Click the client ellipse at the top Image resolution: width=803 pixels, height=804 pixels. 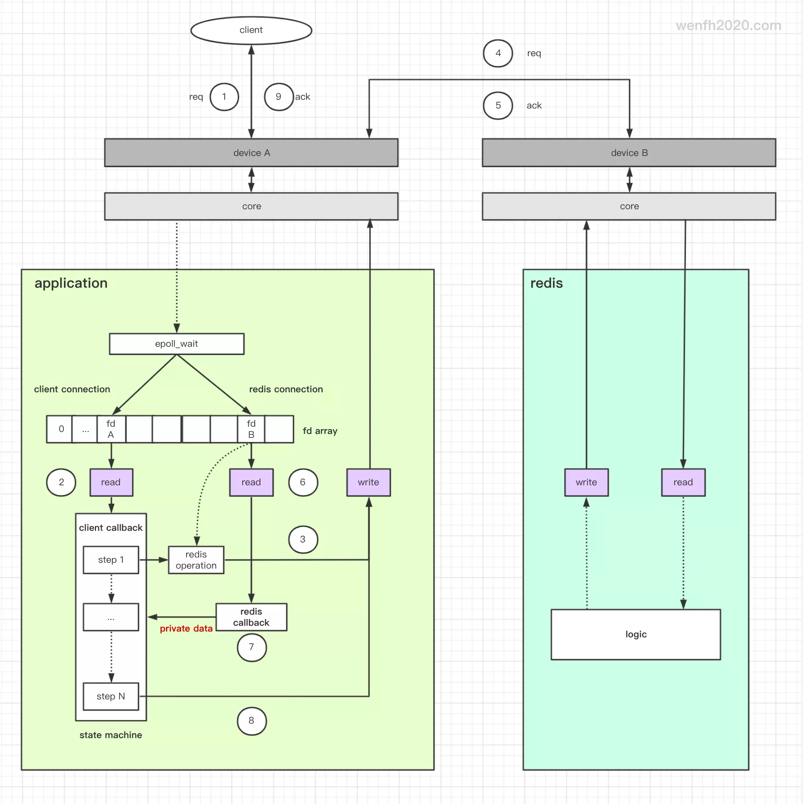click(251, 30)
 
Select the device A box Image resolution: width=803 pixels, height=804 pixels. click(251, 153)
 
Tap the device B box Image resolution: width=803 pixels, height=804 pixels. click(629, 153)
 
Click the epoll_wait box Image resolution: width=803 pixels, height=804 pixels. click(176, 344)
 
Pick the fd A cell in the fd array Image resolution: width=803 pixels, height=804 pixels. click(111, 429)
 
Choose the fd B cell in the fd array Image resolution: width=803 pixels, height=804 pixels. click(251, 429)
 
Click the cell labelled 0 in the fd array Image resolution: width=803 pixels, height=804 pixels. click(61, 429)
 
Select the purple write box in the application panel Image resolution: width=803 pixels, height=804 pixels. click(368, 482)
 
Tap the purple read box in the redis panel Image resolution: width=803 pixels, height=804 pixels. click(683, 482)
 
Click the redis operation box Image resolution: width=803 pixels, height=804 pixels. click(196, 560)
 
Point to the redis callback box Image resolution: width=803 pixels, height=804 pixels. click(251, 617)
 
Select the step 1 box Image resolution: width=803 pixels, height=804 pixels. click(111, 560)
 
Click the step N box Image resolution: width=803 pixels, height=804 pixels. click(111, 696)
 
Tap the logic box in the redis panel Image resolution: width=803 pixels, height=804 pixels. click(635, 634)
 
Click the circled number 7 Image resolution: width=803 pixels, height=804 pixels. click(251, 647)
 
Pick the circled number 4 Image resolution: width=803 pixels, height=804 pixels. click(498, 53)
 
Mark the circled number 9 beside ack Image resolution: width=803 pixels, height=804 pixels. click(278, 97)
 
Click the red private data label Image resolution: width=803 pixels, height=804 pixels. click(186, 629)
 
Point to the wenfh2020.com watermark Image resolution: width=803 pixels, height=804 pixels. click(728, 26)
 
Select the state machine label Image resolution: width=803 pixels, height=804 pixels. click(111, 735)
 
